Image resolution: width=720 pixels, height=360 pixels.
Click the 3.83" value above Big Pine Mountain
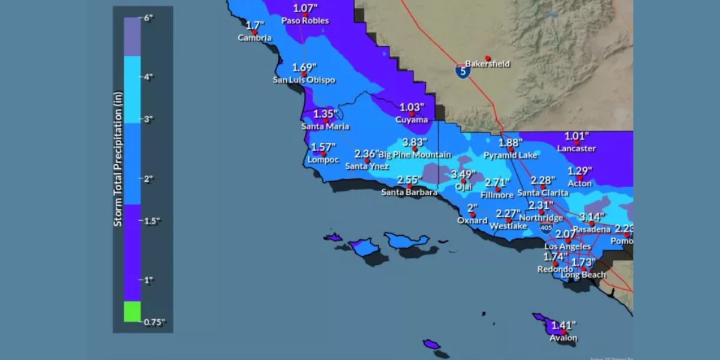click(x=415, y=142)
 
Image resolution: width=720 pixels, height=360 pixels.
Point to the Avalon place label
click(x=563, y=338)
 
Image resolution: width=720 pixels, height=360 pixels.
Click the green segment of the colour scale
click(x=133, y=311)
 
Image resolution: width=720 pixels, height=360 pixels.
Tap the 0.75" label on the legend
click(x=154, y=322)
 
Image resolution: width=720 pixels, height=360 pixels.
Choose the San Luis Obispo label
click(x=304, y=80)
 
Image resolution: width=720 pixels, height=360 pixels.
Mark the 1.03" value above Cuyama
click(x=412, y=107)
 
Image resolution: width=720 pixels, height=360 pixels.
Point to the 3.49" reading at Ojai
click(x=463, y=174)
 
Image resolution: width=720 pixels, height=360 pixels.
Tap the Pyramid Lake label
click(x=511, y=155)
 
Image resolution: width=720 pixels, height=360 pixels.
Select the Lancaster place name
click(x=575, y=148)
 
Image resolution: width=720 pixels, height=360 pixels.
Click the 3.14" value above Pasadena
click(x=592, y=216)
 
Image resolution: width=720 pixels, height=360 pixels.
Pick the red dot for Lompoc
click(x=323, y=154)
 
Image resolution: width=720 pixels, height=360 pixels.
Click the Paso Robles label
click(x=305, y=20)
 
